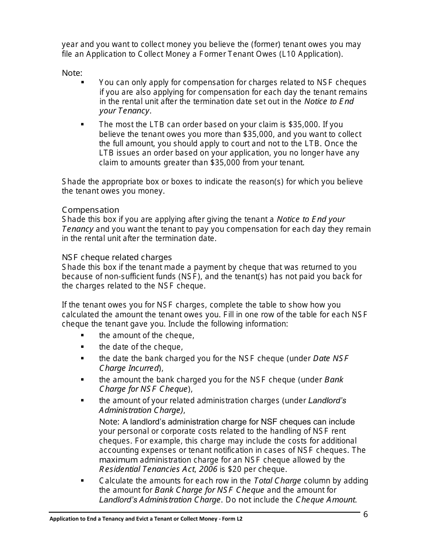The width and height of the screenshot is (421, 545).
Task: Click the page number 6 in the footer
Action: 366,514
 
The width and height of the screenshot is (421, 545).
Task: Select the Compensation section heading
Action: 90,210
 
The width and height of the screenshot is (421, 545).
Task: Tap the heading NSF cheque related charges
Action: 117,257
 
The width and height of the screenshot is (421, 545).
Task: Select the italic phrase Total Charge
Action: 277,481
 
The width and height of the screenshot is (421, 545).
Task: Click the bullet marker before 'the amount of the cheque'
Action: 82,335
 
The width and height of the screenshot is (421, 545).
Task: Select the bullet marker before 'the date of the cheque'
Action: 82,347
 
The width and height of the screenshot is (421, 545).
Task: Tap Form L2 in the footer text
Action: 232,518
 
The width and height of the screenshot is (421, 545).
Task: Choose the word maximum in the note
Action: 118,460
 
